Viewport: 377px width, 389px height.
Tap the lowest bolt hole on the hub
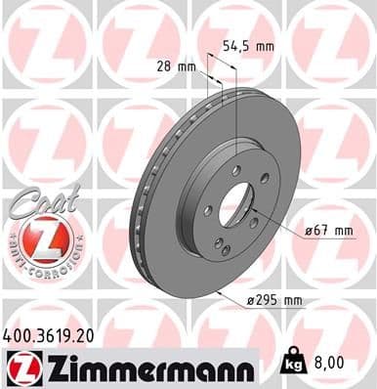[x=227, y=251]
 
